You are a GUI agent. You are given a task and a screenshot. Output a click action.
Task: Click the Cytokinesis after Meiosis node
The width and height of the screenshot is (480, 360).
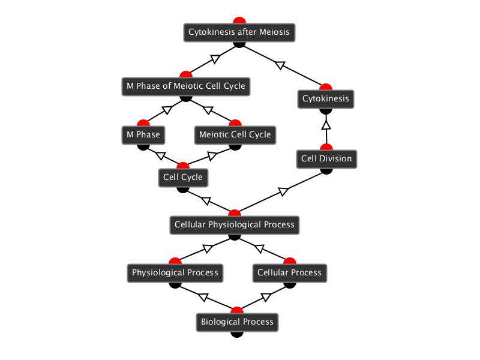pyautogui.click(x=239, y=32)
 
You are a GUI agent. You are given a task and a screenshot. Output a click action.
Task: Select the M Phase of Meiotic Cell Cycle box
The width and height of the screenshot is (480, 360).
pyautogui.click(x=185, y=86)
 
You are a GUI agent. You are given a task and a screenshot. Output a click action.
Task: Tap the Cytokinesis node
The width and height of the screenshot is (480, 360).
pyautogui.click(x=326, y=98)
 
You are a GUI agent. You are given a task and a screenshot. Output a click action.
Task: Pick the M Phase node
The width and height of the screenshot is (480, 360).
pyautogui.click(x=143, y=134)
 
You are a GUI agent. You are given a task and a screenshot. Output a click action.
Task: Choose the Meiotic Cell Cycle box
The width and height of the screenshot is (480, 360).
pyautogui.click(x=235, y=134)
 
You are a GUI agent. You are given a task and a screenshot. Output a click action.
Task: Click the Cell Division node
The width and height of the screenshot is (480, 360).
pyautogui.click(x=326, y=159)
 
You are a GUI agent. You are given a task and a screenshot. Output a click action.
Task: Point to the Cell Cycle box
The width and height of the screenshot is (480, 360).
pyautogui.click(x=183, y=178)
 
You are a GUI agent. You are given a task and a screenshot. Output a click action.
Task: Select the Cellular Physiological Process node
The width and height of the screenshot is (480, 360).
pyautogui.click(x=235, y=225)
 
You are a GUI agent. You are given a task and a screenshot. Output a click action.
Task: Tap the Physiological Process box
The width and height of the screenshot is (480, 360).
pyautogui.click(x=175, y=272)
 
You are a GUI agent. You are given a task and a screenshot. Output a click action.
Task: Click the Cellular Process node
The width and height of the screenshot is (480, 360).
pyautogui.click(x=289, y=272)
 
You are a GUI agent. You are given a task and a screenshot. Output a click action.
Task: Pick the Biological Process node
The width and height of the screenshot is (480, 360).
pyautogui.click(x=237, y=322)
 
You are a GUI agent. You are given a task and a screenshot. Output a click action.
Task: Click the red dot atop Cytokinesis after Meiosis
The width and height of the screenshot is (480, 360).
pyautogui.click(x=239, y=21)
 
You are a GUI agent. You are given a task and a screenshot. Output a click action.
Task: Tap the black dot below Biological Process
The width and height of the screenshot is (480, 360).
pyautogui.click(x=237, y=334)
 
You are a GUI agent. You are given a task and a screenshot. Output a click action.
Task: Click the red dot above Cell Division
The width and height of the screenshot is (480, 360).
pyautogui.click(x=326, y=148)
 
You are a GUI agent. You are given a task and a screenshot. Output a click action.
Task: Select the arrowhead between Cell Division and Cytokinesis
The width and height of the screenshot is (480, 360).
pyautogui.click(x=326, y=125)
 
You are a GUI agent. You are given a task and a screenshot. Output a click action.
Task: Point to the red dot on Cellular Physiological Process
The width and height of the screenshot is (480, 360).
pyautogui.click(x=235, y=214)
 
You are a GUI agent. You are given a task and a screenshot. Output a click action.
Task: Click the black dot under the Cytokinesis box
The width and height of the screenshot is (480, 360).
pyautogui.click(x=326, y=110)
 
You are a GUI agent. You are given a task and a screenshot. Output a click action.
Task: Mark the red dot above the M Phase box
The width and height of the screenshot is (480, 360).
pyautogui.click(x=143, y=123)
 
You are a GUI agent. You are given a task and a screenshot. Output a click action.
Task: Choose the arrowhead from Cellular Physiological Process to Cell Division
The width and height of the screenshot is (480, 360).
pyautogui.click(x=283, y=191)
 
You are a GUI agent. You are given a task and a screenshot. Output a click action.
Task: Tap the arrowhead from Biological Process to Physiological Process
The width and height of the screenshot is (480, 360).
pyautogui.click(x=203, y=296)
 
